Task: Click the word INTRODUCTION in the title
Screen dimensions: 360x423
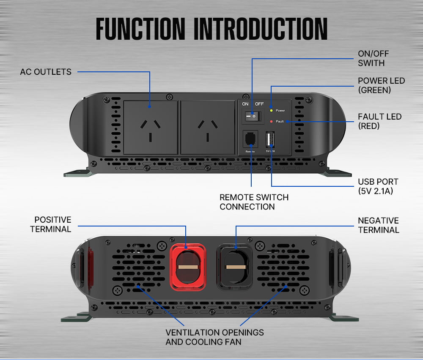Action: click(260, 29)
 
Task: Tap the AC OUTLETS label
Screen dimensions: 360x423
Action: click(46, 72)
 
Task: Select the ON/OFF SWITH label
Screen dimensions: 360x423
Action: click(373, 58)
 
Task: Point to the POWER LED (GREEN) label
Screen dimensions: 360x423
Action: click(381, 85)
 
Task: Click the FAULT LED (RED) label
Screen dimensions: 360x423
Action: click(379, 121)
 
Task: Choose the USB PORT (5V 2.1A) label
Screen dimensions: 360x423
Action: click(378, 186)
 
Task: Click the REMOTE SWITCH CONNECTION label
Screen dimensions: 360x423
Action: click(254, 202)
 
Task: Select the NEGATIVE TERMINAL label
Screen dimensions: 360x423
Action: click(378, 225)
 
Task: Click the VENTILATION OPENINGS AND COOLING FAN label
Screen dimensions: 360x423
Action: click(214, 337)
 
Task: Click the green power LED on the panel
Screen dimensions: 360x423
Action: click(271, 110)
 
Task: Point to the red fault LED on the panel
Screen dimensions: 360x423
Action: click(271, 121)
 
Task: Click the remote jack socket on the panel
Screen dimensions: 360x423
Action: click(250, 139)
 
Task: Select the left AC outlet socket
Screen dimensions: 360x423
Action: click(151, 127)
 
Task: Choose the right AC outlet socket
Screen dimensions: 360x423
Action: click(208, 127)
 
